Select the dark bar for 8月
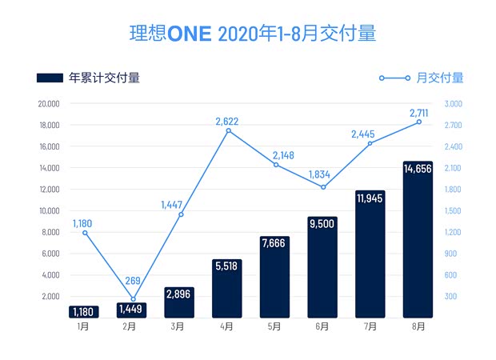(x=417, y=240)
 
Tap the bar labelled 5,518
(x=228, y=288)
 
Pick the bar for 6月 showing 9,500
(x=322, y=267)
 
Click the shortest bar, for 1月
(x=85, y=311)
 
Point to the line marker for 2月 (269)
(x=132, y=299)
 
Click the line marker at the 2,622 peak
(x=228, y=130)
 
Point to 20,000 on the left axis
(x=50, y=104)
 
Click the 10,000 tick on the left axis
(x=50, y=211)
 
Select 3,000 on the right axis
(x=453, y=104)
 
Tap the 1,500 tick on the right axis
(x=453, y=211)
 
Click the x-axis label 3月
(x=180, y=327)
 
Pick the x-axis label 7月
(x=370, y=327)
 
